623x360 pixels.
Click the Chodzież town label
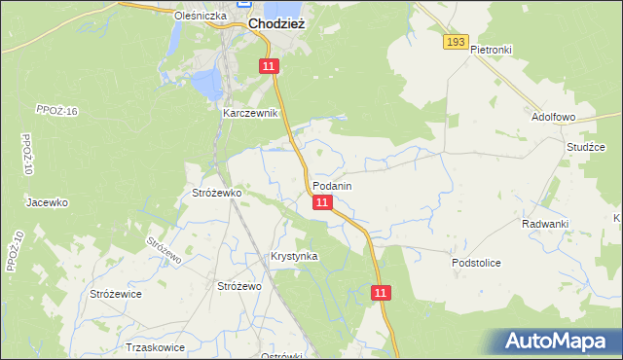click(x=277, y=23)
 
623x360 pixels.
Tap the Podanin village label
click(x=332, y=185)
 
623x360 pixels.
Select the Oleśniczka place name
click(x=200, y=17)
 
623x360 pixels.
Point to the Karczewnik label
click(x=250, y=113)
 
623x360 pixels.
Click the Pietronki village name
click(x=491, y=49)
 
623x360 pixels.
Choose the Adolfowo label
click(x=554, y=116)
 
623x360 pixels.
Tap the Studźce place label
click(x=586, y=147)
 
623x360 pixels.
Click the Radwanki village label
click(x=544, y=224)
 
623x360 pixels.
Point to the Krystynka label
click(x=294, y=256)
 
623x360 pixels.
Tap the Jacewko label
click(x=47, y=202)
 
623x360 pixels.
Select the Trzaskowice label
click(x=156, y=346)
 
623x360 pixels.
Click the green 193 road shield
click(x=456, y=42)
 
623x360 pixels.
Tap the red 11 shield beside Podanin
click(x=323, y=202)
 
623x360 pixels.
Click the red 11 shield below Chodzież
click(x=270, y=65)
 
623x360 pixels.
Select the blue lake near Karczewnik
click(x=206, y=85)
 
